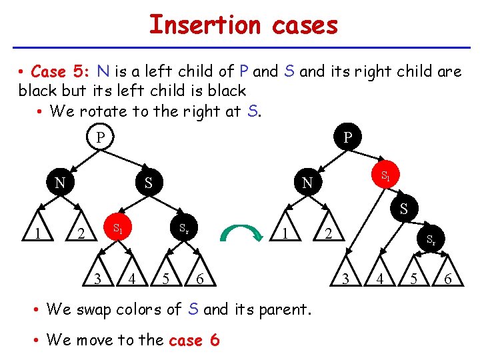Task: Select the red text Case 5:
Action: (x=61, y=71)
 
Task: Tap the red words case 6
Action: (x=194, y=340)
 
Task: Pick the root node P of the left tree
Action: (x=100, y=138)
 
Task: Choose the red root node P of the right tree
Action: (x=347, y=138)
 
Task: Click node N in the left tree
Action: (x=59, y=182)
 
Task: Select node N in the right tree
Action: (x=306, y=182)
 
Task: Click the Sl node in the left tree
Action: (x=117, y=229)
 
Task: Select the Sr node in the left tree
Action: (x=183, y=229)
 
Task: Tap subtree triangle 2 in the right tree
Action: (x=328, y=234)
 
